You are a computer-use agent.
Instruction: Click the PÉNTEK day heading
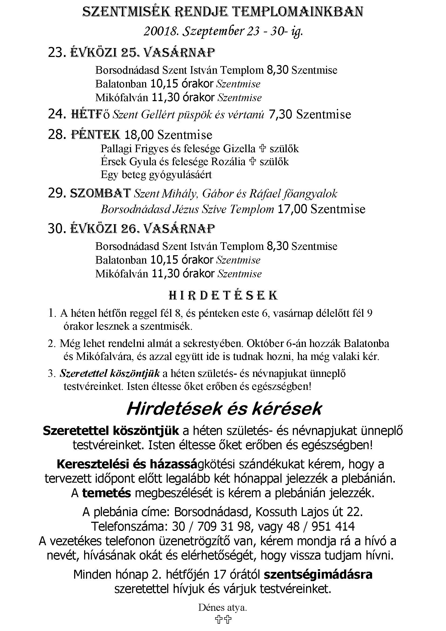click(x=95, y=135)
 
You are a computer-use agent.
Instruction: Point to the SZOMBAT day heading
click(x=101, y=193)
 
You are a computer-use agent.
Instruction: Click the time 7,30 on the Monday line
click(x=280, y=114)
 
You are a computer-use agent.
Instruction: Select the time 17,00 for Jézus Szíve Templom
click(x=292, y=209)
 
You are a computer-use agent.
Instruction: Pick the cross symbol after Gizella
click(x=263, y=149)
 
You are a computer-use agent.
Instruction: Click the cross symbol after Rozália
click(x=252, y=162)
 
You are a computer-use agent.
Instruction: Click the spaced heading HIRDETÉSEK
click(x=223, y=295)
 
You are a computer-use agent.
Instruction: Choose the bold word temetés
click(x=107, y=493)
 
